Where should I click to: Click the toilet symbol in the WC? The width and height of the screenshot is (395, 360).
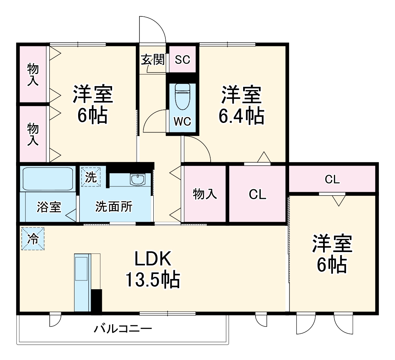pyautogui.click(x=182, y=97)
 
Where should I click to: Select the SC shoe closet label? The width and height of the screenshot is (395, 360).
pyautogui.click(x=182, y=59)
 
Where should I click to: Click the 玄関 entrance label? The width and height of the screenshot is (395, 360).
pyautogui.click(x=153, y=59)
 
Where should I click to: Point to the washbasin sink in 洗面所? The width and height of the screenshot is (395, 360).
pyautogui.click(x=138, y=179)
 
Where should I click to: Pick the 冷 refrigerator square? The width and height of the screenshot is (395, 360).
pyautogui.click(x=32, y=239)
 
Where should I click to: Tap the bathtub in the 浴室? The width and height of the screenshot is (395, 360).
pyautogui.click(x=47, y=179)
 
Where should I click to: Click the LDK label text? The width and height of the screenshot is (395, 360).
pyautogui.click(x=153, y=259)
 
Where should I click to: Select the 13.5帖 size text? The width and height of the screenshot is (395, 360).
pyautogui.click(x=153, y=280)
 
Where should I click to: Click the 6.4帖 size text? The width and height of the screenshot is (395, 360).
pyautogui.click(x=241, y=116)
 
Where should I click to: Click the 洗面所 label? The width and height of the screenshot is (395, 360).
pyautogui.click(x=114, y=207)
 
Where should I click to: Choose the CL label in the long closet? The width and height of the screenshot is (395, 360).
pyautogui.click(x=332, y=179)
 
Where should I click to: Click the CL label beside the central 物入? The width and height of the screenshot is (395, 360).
pyautogui.click(x=257, y=194)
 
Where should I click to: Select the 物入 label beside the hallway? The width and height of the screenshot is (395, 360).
pyautogui.click(x=205, y=194)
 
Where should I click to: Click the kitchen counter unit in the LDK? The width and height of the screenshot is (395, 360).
pyautogui.click(x=82, y=282)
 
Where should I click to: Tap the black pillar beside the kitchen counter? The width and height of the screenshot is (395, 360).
pyautogui.click(x=96, y=300)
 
